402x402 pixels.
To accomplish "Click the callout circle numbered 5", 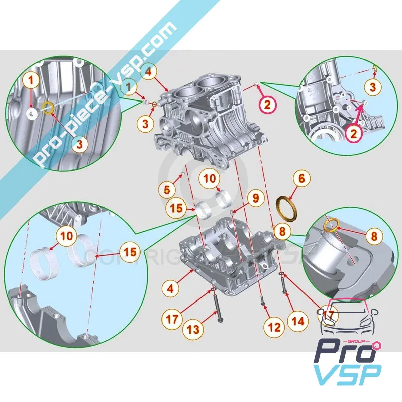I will point(168,190).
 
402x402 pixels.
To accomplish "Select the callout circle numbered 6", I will point(301,178).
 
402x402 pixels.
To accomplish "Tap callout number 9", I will point(255,198).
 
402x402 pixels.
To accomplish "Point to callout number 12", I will point(273,327).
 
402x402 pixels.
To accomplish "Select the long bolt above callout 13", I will point(217,309).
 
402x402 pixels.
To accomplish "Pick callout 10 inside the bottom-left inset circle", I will point(68,235).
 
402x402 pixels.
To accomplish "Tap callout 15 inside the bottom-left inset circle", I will point(130,252).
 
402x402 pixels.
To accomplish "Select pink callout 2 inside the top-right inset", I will point(353,134).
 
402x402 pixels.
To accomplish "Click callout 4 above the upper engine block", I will point(148,72).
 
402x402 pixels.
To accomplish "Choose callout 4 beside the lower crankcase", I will point(171,288).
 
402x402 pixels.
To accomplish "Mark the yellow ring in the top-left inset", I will point(48,108).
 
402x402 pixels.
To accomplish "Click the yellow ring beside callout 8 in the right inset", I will point(332,224).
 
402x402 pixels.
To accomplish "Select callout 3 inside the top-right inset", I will point(372,87).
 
